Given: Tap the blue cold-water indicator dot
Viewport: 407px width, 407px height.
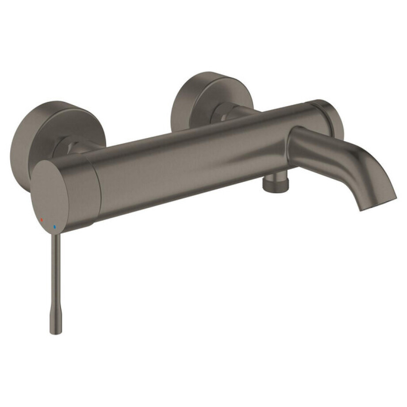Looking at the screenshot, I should pyautogui.click(x=54, y=227).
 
